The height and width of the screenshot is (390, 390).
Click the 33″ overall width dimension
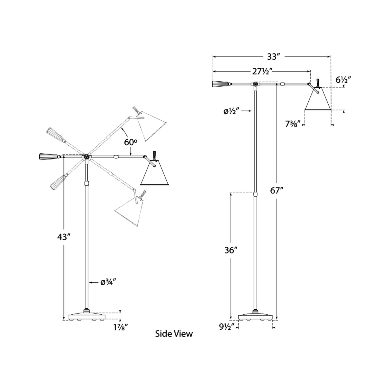(273, 57)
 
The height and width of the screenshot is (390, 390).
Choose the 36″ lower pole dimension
(231, 250)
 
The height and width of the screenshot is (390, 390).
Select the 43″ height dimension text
(64, 237)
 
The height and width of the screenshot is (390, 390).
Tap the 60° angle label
(130, 142)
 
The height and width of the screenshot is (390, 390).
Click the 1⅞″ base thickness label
(121, 328)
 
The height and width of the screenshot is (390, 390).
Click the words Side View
(174, 334)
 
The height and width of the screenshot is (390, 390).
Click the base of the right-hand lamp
(256, 316)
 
